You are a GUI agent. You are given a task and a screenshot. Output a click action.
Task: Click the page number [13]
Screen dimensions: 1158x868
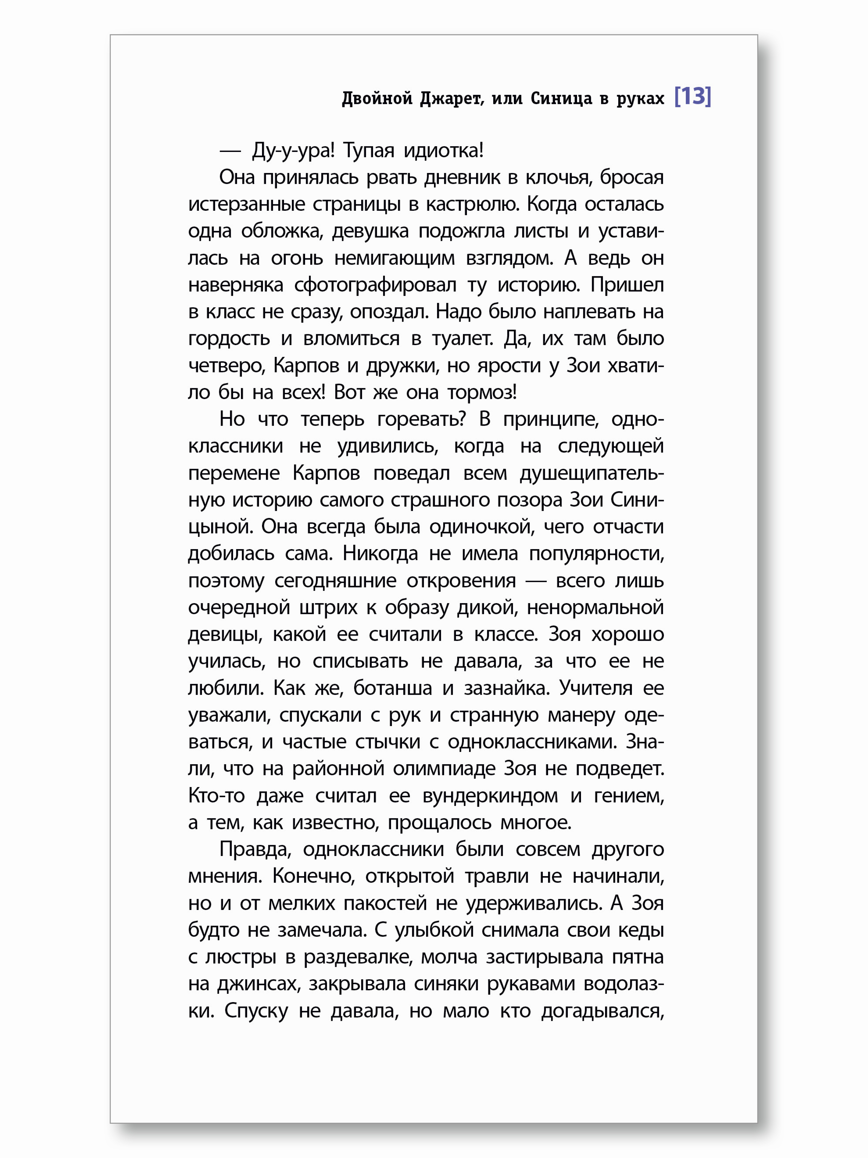[692, 97]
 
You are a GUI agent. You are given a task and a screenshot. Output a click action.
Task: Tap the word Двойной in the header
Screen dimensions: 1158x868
[377, 98]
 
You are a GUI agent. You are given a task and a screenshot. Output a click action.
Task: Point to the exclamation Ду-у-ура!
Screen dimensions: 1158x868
[293, 151]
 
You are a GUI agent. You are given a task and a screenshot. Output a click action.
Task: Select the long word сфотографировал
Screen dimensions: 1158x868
[375, 285]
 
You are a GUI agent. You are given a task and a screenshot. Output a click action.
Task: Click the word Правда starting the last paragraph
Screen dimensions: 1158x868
[255, 850]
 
